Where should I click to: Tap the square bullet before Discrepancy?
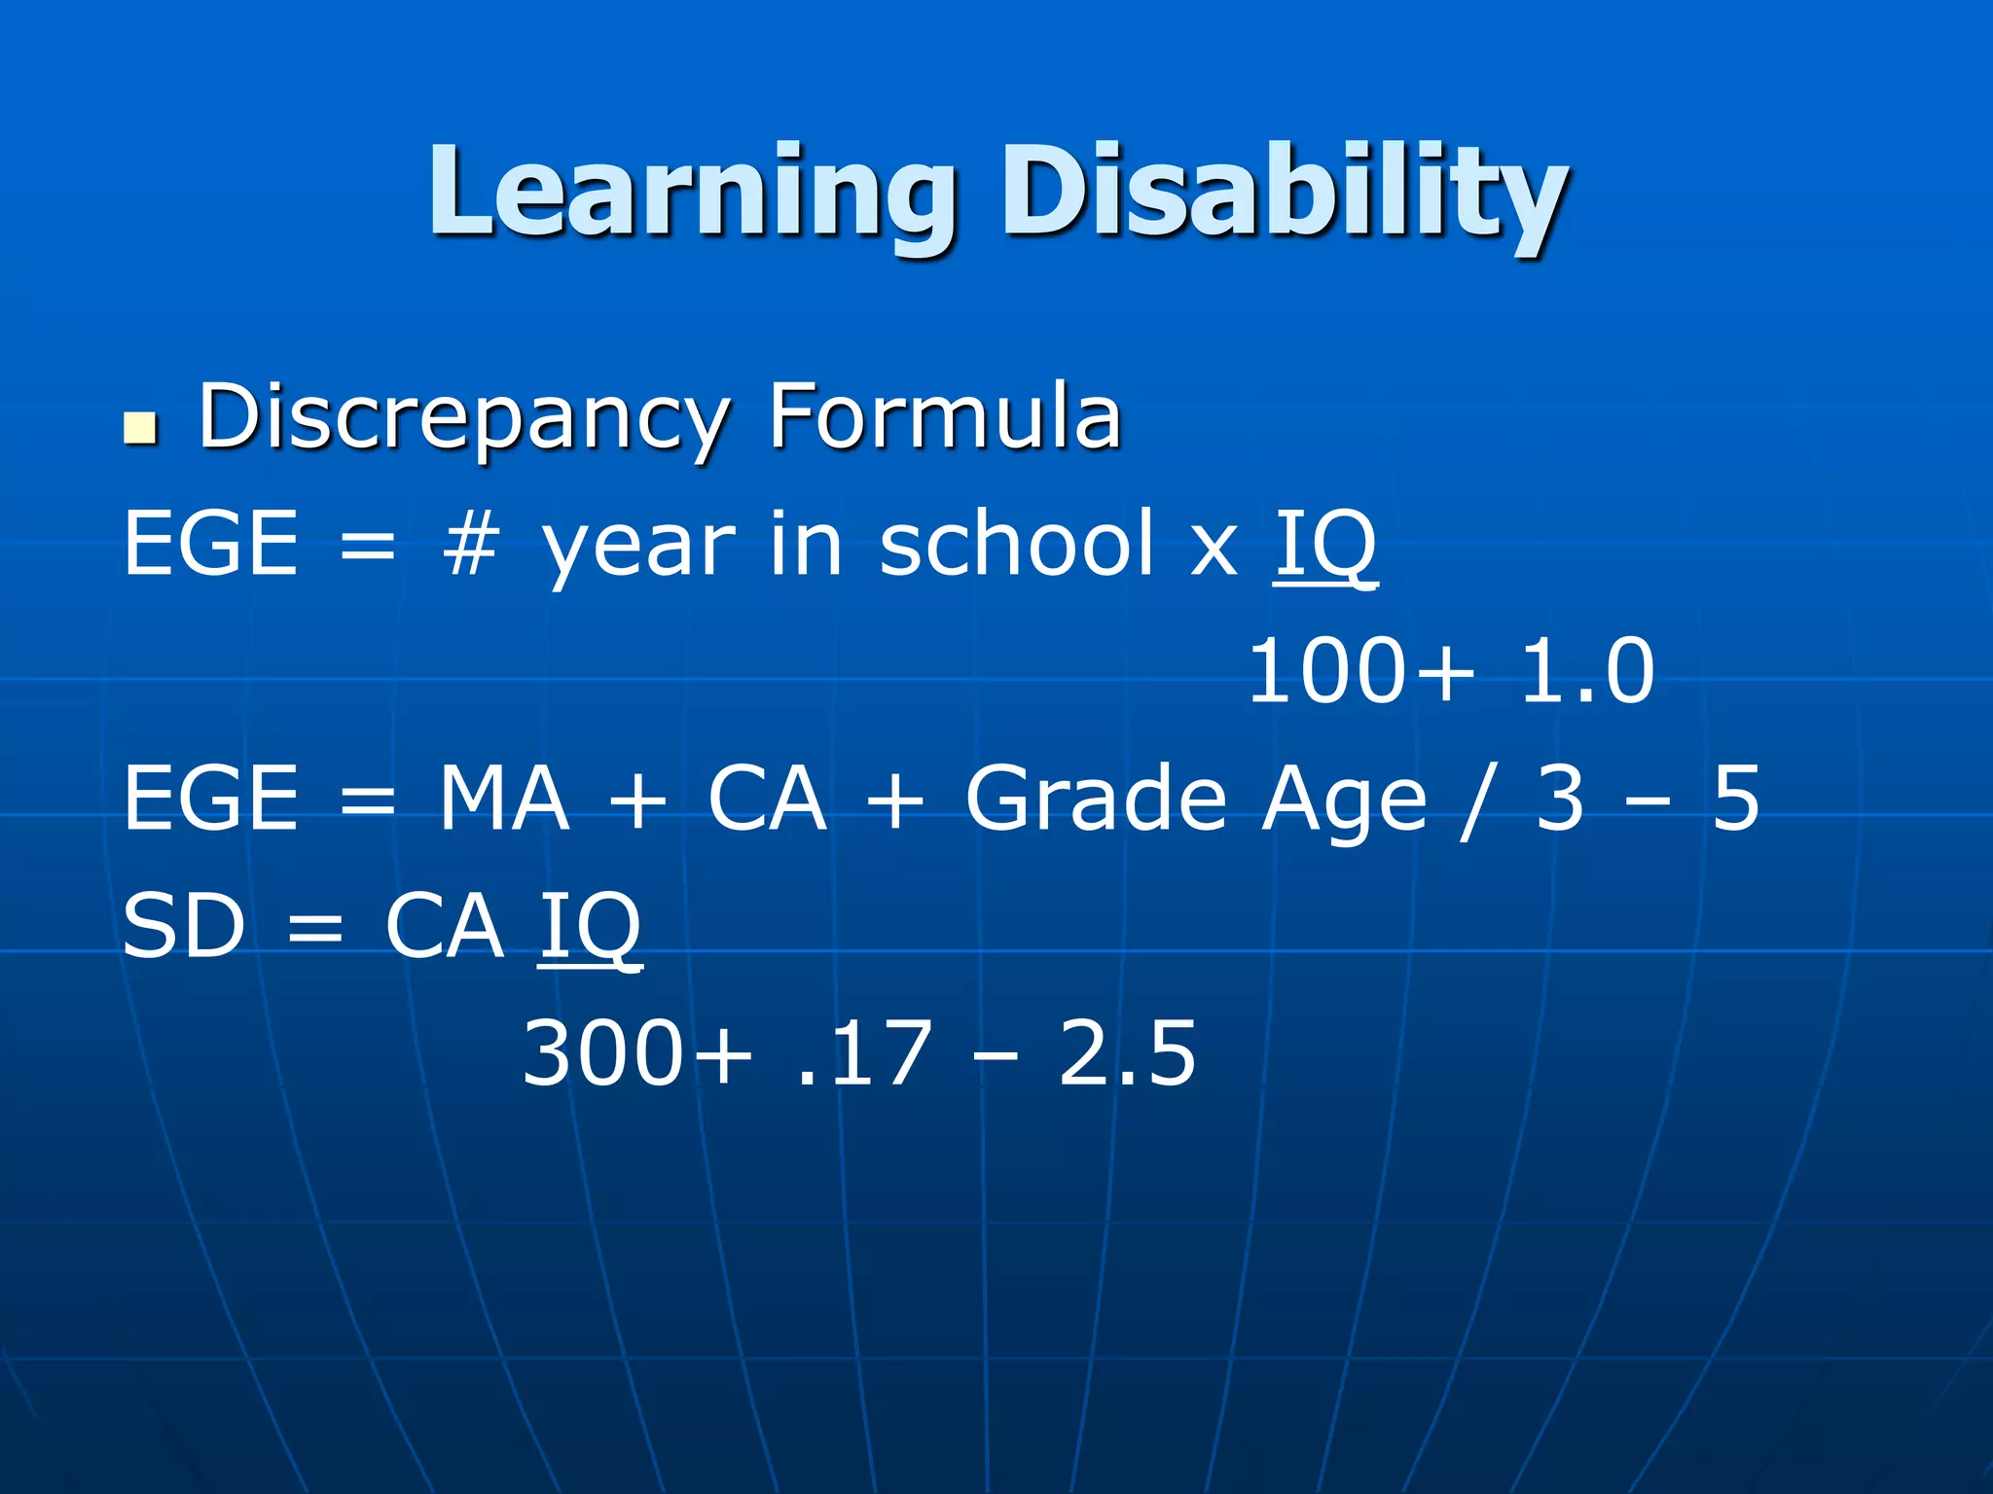(140, 428)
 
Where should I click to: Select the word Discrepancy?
(463, 418)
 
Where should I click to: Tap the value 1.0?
(1586, 671)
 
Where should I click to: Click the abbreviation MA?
(503, 798)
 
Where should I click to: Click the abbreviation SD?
(184, 926)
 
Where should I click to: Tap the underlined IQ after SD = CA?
(590, 927)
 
